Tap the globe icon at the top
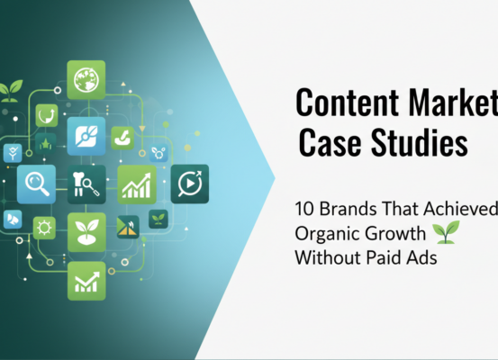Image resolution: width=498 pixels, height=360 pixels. pyautogui.click(x=86, y=79)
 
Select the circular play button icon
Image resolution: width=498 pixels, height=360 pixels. pyautogui.click(x=189, y=183)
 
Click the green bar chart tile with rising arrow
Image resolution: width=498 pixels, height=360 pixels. pyautogui.click(x=136, y=184)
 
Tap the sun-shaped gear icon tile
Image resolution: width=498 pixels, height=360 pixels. pyautogui.click(x=43, y=228)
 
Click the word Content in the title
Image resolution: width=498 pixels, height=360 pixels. pyautogui.click(x=341, y=105)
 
